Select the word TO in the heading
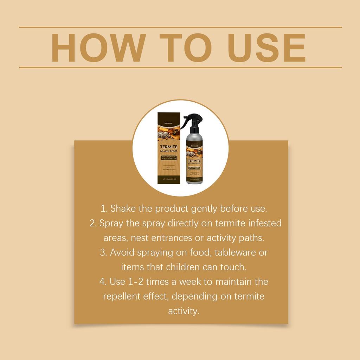(185, 48)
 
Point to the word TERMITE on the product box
(169, 147)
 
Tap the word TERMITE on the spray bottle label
(194, 160)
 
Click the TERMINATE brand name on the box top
(169, 124)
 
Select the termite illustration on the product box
(168, 135)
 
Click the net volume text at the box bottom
(169, 179)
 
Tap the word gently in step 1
(204, 209)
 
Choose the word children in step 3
(183, 267)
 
